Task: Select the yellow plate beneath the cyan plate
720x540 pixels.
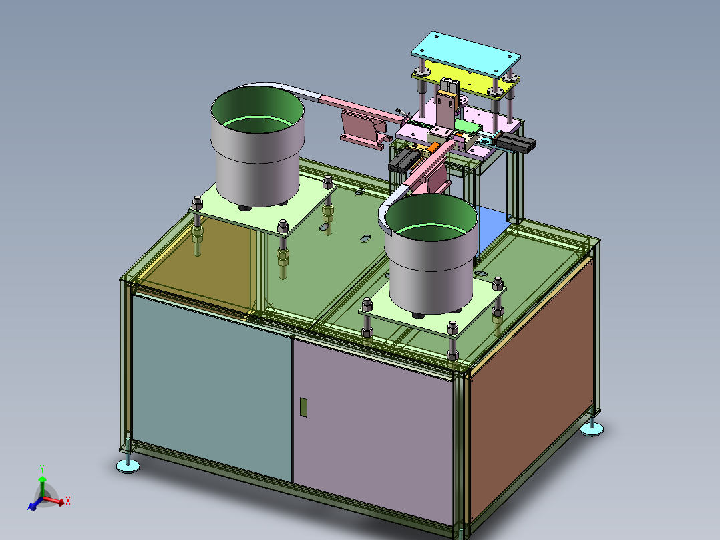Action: pyautogui.click(x=473, y=78)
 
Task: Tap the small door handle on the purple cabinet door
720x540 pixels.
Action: pyautogui.click(x=303, y=407)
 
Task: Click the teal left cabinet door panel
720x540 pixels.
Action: pyautogui.click(x=211, y=386)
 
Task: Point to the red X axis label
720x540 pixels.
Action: pyautogui.click(x=68, y=501)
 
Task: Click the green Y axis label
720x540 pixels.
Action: pyautogui.click(x=42, y=469)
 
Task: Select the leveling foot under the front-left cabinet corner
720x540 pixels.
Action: pyautogui.click(x=128, y=465)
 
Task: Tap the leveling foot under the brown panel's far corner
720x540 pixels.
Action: pyautogui.click(x=592, y=429)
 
